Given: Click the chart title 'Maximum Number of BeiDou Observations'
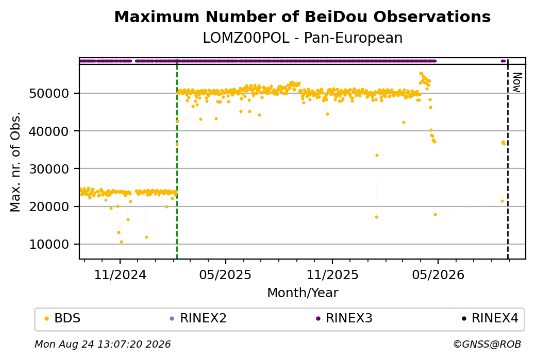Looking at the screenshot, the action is [x=302, y=16].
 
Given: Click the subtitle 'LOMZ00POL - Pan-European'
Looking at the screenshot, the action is [x=303, y=38].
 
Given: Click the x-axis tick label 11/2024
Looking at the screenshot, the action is [x=120, y=275].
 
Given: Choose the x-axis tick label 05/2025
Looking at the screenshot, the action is [x=225, y=275].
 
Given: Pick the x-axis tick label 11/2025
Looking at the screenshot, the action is [x=332, y=275].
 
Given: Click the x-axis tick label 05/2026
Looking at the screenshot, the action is [x=438, y=275].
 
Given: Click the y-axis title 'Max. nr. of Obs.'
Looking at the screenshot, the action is [x=16, y=162].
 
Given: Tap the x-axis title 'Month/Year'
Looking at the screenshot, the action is [x=303, y=293].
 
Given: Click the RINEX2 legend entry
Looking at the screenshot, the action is [x=198, y=318].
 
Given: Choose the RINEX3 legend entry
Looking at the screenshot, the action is [x=344, y=318].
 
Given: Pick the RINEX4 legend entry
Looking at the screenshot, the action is [x=490, y=318].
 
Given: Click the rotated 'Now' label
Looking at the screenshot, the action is [x=517, y=82].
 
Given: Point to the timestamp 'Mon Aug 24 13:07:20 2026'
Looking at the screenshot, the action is [x=103, y=344].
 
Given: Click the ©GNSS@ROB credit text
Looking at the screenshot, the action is [x=487, y=344].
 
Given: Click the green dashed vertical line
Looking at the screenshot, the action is [x=177, y=159].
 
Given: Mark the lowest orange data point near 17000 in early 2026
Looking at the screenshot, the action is [x=376, y=217].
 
